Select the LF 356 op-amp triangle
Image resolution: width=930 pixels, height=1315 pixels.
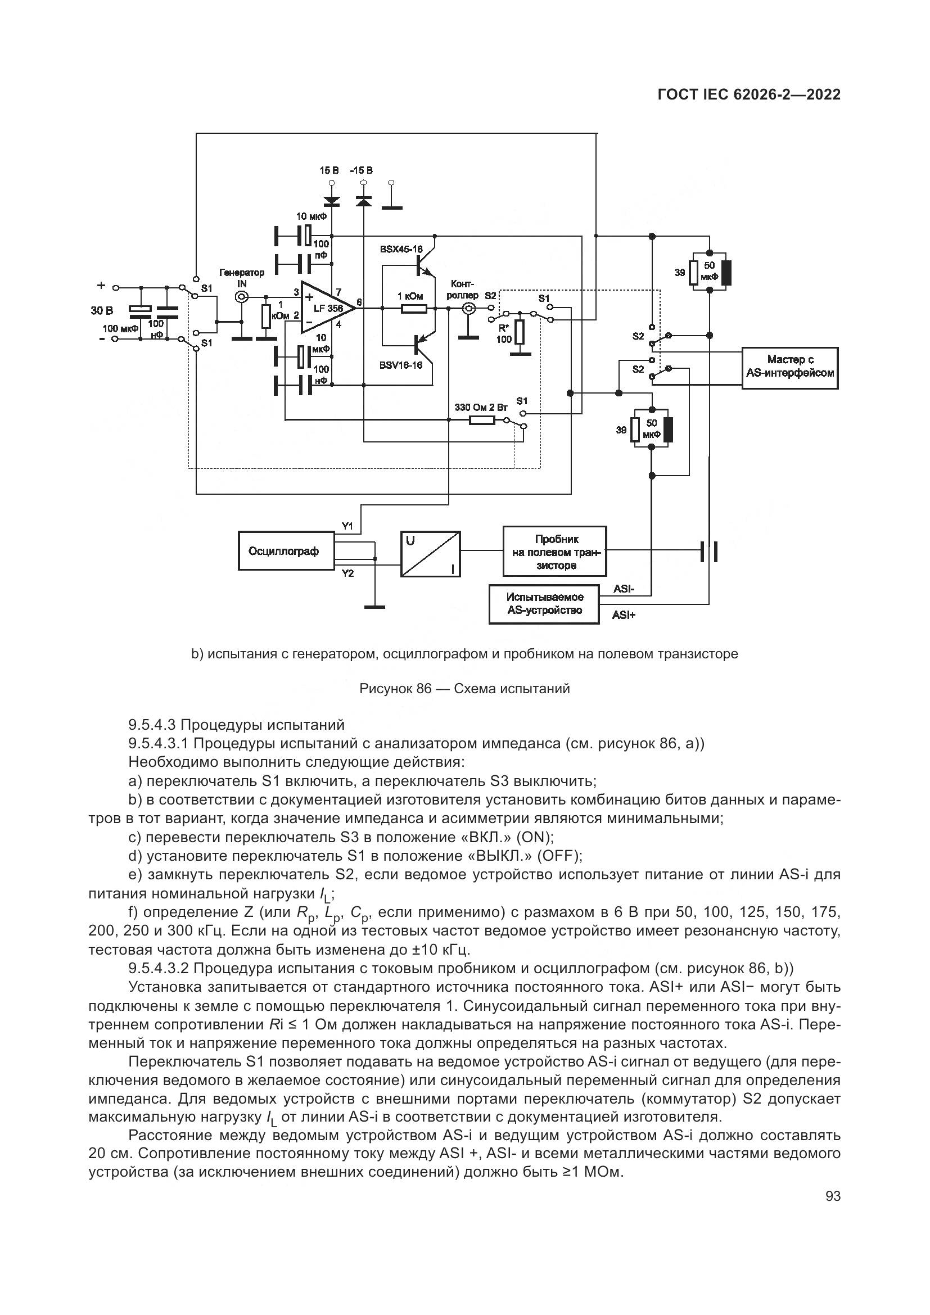point(324,308)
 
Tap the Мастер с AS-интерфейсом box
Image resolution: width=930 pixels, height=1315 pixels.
point(789,368)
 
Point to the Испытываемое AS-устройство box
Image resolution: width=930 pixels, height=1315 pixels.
point(544,604)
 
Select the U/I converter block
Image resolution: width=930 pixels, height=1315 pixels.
point(430,554)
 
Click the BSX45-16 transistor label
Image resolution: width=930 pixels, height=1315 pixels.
point(401,249)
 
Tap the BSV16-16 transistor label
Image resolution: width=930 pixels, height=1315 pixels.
point(400,365)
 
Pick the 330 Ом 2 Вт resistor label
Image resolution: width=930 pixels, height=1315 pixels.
point(481,407)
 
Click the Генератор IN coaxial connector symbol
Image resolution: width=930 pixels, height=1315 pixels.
point(242,297)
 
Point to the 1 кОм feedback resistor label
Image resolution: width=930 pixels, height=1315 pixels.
point(410,296)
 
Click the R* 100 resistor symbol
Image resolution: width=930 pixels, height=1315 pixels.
point(520,332)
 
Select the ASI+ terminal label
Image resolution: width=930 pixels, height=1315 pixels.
point(624,615)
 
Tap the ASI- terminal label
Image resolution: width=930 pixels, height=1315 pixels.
point(623,589)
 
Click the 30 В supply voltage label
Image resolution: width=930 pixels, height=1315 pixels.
point(101,310)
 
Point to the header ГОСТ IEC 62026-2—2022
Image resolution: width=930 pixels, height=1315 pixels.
point(748,94)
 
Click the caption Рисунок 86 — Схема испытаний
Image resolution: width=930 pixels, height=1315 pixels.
point(464,689)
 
